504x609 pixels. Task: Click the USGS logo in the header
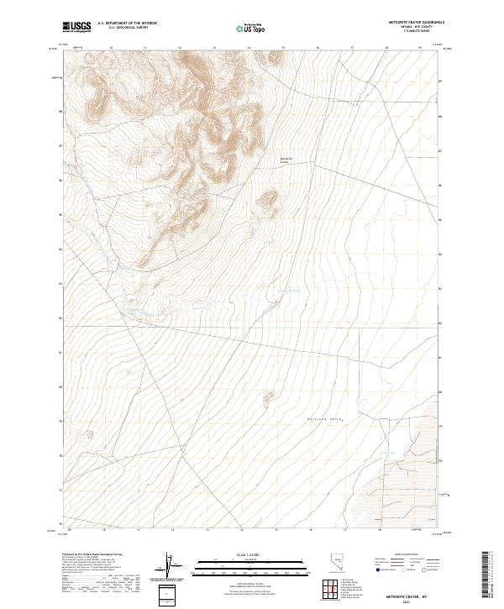(76, 27)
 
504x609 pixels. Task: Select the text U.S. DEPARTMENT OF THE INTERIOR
(127, 23)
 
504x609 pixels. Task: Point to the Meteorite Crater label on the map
(286, 160)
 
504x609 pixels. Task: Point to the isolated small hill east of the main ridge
(268, 200)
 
